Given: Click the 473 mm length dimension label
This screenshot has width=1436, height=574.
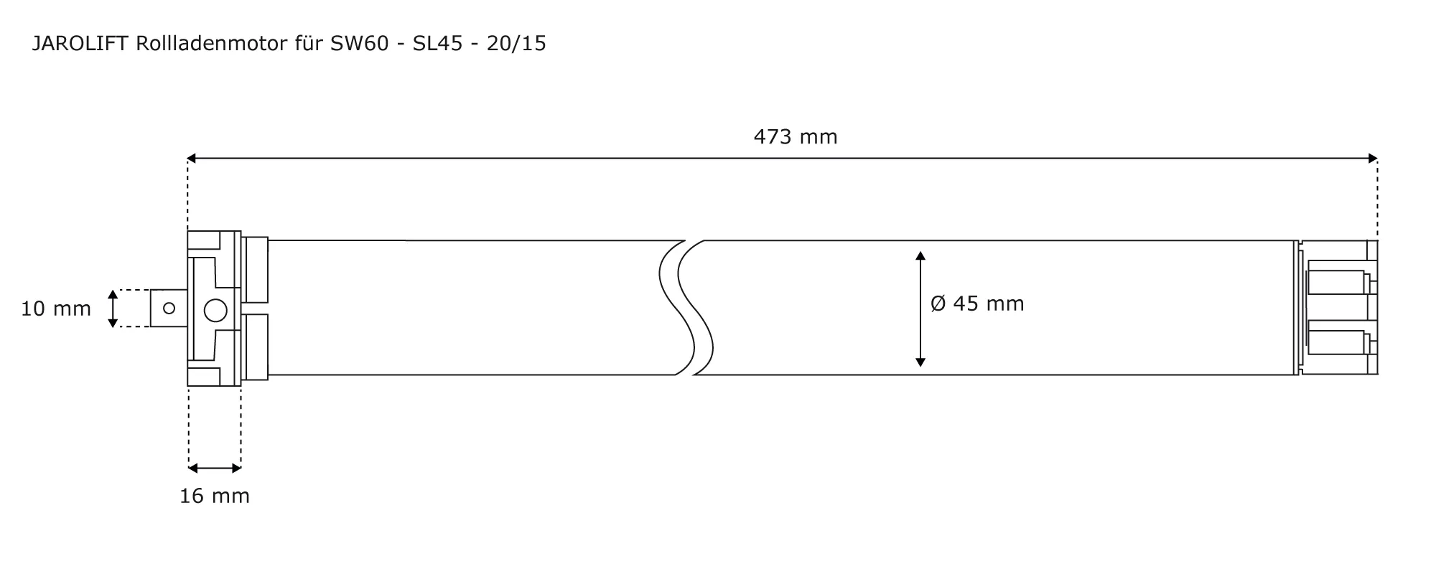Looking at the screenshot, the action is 796,136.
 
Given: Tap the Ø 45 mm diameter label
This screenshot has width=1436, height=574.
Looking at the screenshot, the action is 977,304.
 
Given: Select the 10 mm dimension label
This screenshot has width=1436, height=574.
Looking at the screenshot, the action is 56,309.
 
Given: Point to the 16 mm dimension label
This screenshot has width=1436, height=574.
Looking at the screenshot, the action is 215,496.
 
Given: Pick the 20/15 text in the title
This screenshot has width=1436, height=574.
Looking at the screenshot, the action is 516,44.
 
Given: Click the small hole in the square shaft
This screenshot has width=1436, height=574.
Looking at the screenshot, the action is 169,309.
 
